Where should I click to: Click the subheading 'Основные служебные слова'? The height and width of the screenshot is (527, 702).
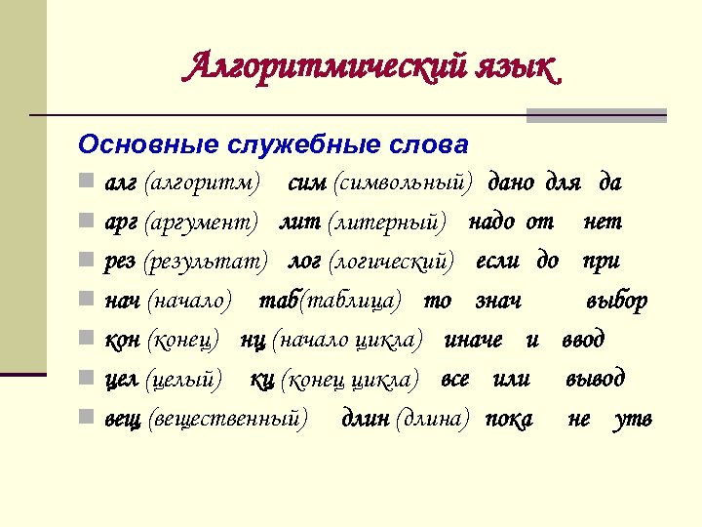tap(273, 144)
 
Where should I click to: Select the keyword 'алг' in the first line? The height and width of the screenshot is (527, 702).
tap(121, 182)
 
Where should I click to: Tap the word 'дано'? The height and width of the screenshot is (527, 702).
tap(512, 182)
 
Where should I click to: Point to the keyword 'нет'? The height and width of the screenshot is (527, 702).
tap(603, 222)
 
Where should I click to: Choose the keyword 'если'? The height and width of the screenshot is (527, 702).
tap(498, 262)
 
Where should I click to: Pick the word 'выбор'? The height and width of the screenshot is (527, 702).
tap(616, 301)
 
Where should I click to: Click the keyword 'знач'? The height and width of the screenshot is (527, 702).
tap(498, 301)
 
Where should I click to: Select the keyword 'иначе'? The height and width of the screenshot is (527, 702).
tap(474, 340)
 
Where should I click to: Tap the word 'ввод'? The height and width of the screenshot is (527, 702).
tap(583, 340)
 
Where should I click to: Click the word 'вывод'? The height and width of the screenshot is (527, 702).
tap(596, 379)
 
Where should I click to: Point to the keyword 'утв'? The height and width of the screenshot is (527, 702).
tap(634, 419)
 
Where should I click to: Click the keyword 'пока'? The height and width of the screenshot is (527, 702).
tap(509, 419)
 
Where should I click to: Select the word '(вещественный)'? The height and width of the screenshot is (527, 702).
tap(226, 419)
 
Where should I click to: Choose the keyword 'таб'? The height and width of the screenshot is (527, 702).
tap(277, 301)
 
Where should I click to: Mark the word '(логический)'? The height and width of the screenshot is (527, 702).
tap(391, 262)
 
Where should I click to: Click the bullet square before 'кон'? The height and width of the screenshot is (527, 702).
tap(87, 340)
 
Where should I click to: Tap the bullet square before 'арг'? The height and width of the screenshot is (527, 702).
tap(87, 222)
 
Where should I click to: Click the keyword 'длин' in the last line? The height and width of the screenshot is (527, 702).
tap(365, 419)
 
